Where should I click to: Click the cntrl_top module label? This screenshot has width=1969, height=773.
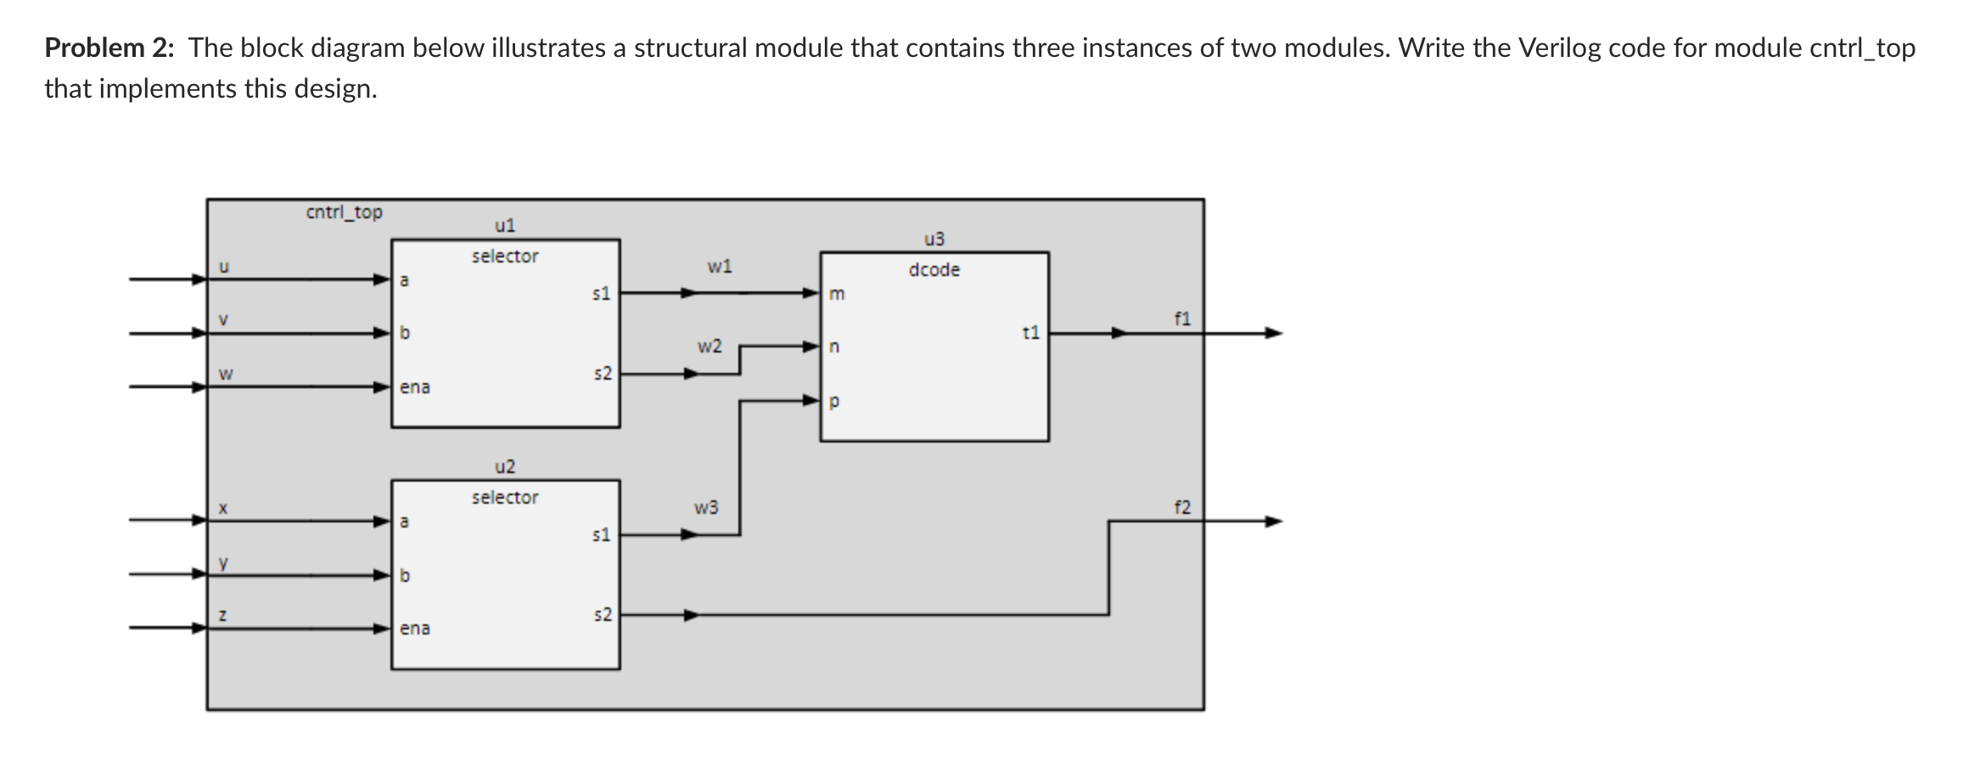[x=344, y=212]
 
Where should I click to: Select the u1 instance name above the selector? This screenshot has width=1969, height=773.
[x=504, y=226]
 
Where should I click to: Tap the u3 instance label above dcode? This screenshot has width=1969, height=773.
[x=934, y=240]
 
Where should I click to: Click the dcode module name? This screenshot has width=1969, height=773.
[x=934, y=270]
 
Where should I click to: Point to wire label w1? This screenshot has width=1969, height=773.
[x=719, y=267]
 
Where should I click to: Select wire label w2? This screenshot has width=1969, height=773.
[x=710, y=347]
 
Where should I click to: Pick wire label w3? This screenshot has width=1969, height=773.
[x=706, y=508]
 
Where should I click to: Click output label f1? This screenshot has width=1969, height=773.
[x=1182, y=319]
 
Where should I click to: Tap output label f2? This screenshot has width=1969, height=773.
[x=1182, y=508]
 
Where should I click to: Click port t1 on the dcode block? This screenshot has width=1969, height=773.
[x=1030, y=333]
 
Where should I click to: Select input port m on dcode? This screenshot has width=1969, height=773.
[x=837, y=295]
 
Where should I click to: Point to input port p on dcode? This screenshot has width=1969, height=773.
[x=834, y=402]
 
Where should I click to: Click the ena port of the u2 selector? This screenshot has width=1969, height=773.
[x=415, y=629]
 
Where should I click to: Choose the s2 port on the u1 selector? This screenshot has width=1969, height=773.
[x=602, y=374]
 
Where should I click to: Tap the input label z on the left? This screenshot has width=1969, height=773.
[x=222, y=615]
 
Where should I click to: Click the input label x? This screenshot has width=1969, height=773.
[x=222, y=509]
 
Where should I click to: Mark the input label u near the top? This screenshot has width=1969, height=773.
[x=223, y=268]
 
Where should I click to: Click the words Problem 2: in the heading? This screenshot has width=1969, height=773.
[x=109, y=48]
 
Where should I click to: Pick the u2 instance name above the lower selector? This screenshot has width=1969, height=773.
[x=504, y=467]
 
